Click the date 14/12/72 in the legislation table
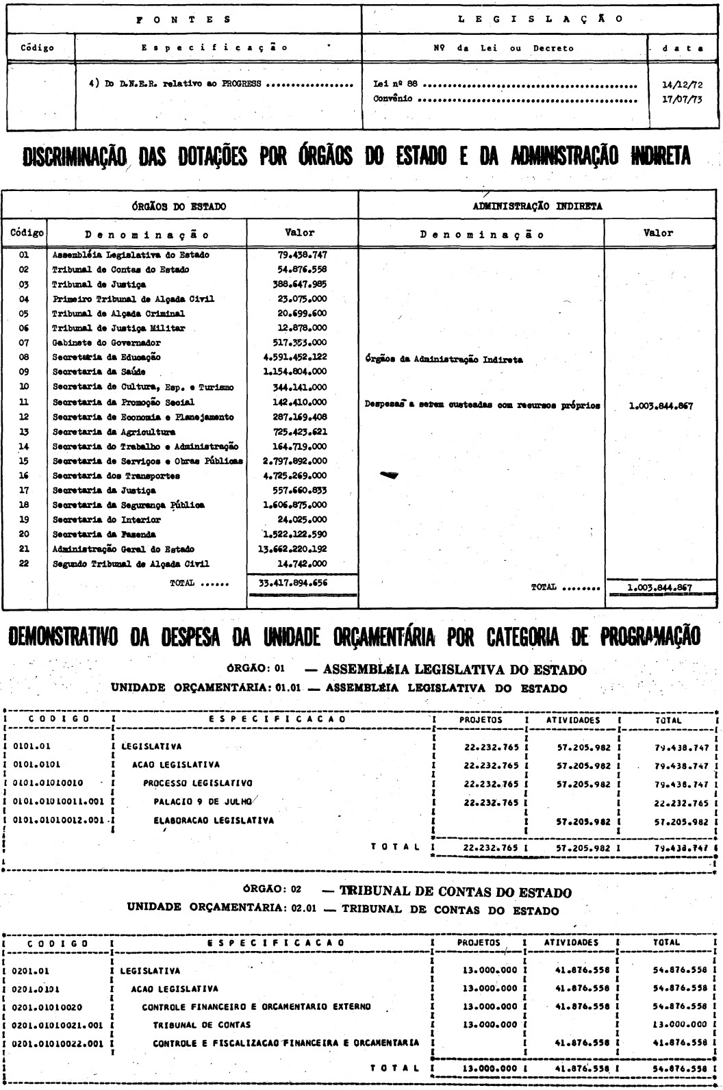[681, 86]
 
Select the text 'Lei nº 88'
[392, 86]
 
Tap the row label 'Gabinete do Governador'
[106, 342]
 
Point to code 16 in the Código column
[23, 475]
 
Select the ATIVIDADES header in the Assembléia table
[572, 720]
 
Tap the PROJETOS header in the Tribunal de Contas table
[479, 942]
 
